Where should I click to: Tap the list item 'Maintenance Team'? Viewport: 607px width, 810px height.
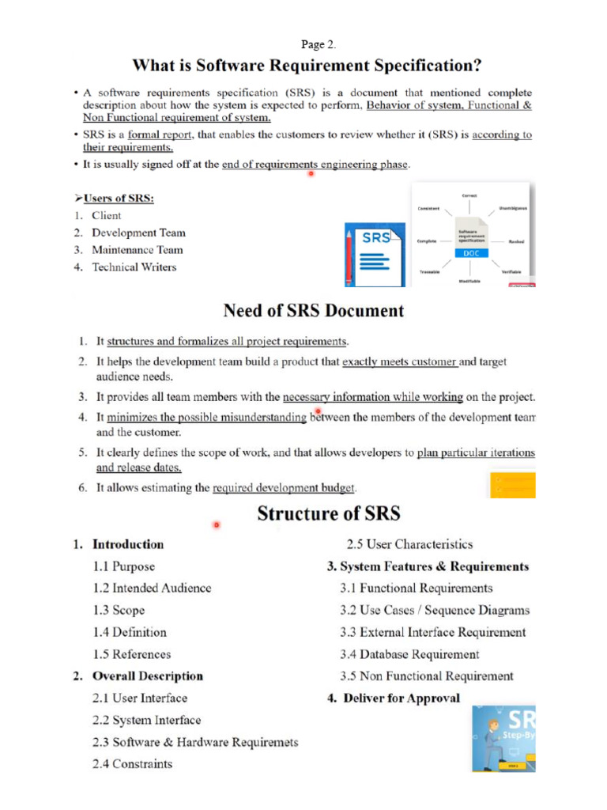(x=137, y=250)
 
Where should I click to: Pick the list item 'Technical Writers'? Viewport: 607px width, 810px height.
(x=134, y=267)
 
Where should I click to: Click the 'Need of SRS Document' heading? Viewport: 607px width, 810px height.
(x=314, y=311)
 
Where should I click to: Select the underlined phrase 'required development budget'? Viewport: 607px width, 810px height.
(x=285, y=489)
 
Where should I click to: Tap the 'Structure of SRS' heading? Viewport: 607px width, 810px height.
(x=329, y=514)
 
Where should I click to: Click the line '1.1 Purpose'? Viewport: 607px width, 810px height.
(x=123, y=566)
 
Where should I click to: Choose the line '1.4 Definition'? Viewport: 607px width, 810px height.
(x=130, y=632)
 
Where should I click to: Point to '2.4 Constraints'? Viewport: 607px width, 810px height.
(x=132, y=764)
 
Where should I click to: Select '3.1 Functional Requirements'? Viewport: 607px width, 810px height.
(x=417, y=589)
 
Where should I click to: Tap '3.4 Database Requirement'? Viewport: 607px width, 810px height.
(x=409, y=654)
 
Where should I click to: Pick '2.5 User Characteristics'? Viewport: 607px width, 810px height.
(x=410, y=544)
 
